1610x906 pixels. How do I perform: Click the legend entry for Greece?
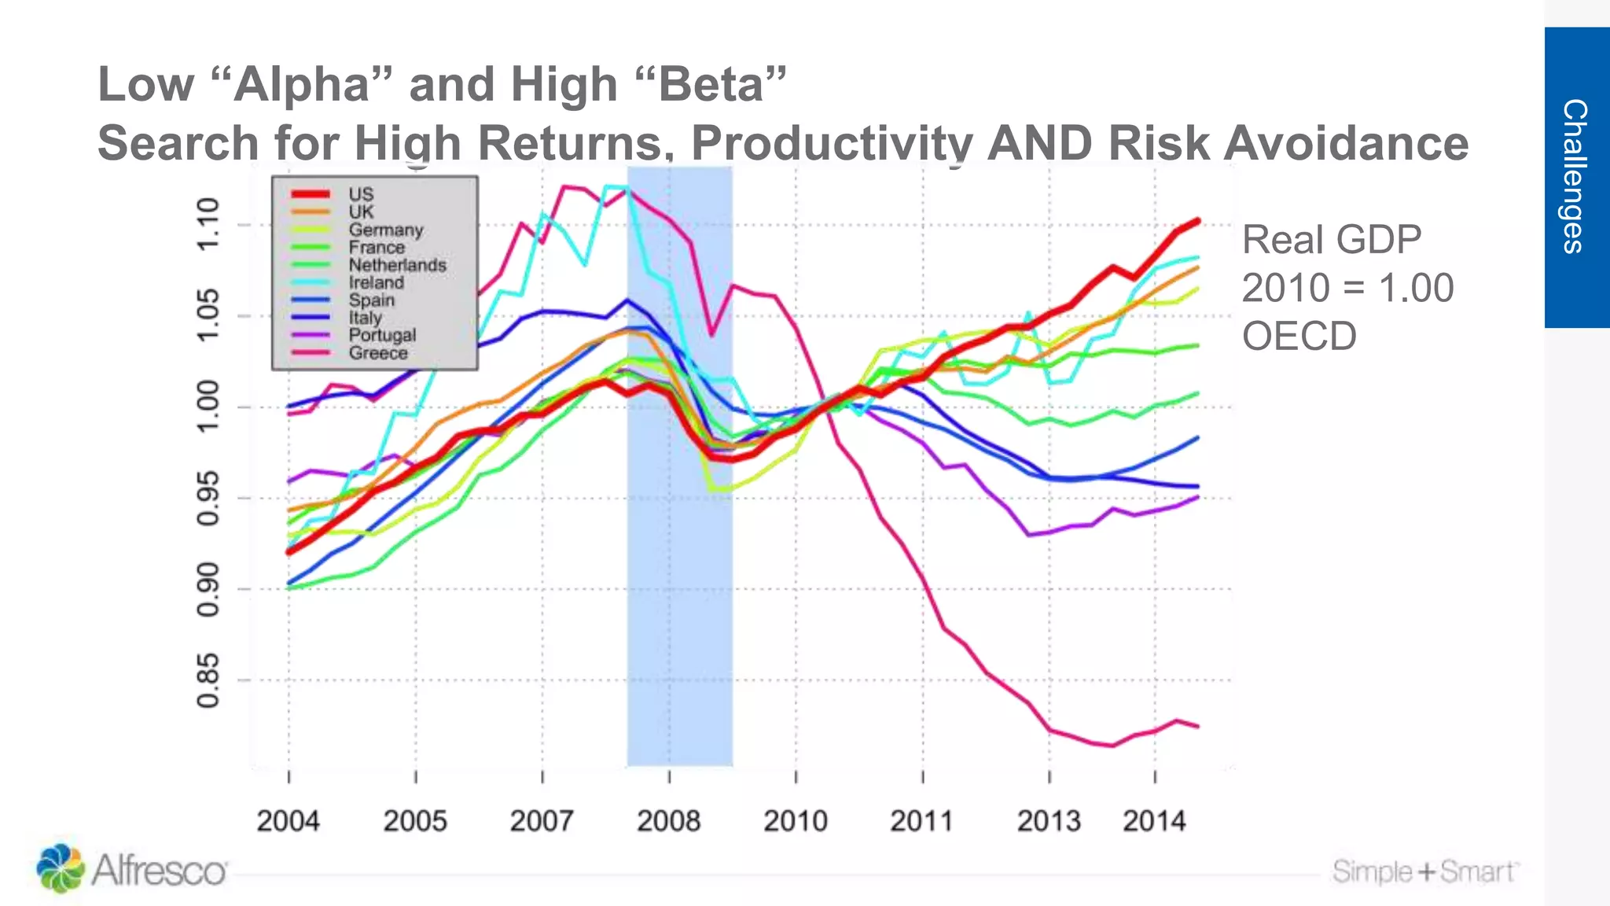tap(378, 353)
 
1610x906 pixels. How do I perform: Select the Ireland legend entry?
tap(376, 282)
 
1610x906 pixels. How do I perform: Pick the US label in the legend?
tap(361, 194)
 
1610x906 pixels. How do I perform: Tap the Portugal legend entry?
tap(382, 335)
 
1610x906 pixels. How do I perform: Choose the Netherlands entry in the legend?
tap(397, 265)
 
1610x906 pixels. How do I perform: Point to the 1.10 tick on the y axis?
tap(208, 225)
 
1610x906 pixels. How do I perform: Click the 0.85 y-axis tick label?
tap(208, 680)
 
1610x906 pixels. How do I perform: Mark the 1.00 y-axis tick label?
tap(208, 407)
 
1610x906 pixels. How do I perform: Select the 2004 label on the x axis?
tap(288, 821)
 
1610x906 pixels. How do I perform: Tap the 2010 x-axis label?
tap(795, 821)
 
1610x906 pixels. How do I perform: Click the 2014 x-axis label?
tap(1153, 821)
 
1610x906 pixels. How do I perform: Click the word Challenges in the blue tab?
tap(1575, 176)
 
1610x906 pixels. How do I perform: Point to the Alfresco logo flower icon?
tap(60, 868)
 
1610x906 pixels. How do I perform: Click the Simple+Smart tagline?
tap(1424, 871)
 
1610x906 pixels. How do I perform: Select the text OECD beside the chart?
tap(1299, 336)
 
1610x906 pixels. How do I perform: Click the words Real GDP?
tap(1331, 240)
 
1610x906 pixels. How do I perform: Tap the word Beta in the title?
tap(711, 84)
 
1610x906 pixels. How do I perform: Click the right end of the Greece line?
tap(1197, 727)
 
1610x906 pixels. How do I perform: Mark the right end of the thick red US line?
tap(1197, 221)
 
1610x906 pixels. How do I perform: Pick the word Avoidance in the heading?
tap(1346, 143)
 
